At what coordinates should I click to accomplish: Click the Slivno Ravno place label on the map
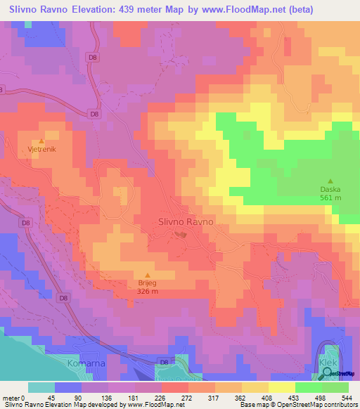[181, 222]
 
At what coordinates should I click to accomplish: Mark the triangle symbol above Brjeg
[147, 275]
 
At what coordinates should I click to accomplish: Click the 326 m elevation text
[147, 292]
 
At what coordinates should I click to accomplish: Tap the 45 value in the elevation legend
[50, 398]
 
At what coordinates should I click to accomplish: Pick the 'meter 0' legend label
[13, 398]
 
